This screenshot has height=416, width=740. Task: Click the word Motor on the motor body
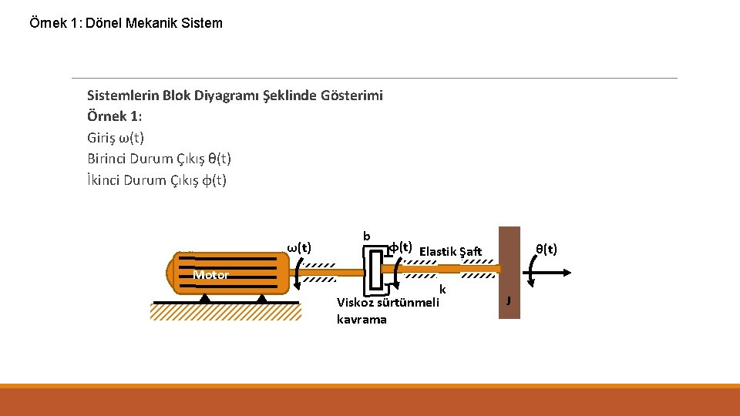210,275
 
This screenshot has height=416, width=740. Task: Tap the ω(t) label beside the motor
299,247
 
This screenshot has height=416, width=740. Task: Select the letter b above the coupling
367,236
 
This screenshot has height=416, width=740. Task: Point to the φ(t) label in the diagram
400,247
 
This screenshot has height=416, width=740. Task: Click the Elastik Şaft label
450,251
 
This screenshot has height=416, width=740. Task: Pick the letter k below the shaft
442,290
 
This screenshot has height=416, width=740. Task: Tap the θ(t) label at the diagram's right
547,249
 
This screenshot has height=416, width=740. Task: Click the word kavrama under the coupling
362,320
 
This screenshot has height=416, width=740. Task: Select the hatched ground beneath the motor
224,311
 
